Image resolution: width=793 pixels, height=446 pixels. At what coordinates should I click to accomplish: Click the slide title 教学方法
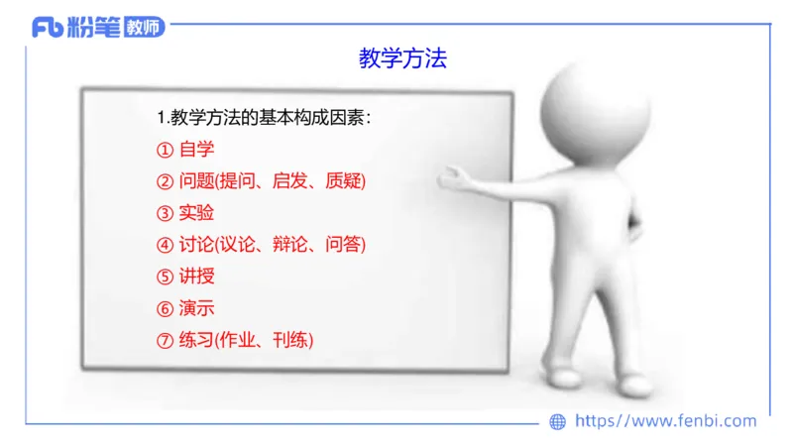click(402, 58)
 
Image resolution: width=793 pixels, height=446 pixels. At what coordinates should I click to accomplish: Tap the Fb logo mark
click(48, 28)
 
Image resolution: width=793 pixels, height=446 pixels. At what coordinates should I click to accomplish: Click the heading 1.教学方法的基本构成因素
click(265, 118)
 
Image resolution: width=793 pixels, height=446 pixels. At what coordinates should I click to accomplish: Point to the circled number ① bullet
click(165, 151)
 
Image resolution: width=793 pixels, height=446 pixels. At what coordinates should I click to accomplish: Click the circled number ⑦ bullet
click(165, 340)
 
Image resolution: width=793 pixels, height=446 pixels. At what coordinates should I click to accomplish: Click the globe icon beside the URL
click(557, 421)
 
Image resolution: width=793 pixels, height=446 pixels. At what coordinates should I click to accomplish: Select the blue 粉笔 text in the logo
click(94, 28)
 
